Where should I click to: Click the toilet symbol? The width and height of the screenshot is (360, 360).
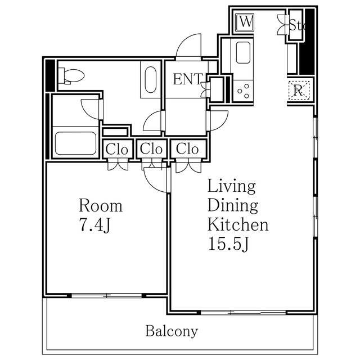71,76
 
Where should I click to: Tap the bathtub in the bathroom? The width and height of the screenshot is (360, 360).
75,143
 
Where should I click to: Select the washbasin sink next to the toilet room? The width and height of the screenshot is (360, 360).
151,80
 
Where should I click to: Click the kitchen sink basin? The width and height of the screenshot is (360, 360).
243,52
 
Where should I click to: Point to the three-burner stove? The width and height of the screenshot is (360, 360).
244,91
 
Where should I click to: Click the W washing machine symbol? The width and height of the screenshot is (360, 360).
245,22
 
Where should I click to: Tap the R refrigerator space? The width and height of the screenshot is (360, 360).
299,90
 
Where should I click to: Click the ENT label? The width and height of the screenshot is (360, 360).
188,79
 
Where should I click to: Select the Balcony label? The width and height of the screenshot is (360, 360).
172,331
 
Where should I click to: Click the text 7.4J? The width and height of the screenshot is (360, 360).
95,225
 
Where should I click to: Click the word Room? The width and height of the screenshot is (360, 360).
101,205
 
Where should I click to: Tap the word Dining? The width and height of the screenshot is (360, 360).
233,205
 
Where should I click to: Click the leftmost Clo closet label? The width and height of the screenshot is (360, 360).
116,150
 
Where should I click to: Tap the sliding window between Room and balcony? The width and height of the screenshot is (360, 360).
107,295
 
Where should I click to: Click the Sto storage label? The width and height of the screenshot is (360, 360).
296,25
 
